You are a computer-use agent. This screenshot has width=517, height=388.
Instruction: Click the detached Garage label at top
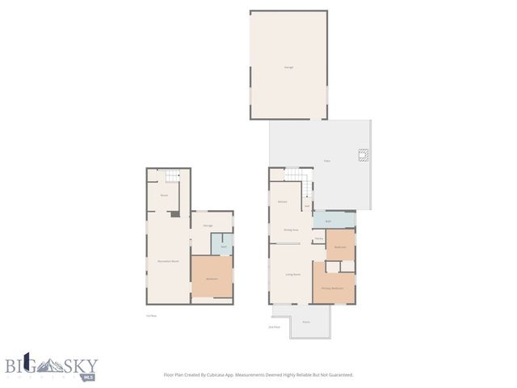[288, 66]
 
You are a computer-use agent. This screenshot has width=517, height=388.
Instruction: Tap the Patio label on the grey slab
[327, 162]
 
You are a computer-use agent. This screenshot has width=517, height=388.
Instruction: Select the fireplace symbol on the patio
[364, 156]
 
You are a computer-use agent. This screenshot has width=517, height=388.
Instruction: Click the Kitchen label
[283, 200]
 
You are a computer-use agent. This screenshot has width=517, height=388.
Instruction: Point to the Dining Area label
[291, 230]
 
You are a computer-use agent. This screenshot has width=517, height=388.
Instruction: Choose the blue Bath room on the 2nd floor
[333, 221]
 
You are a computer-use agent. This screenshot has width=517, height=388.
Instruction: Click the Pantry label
[319, 238]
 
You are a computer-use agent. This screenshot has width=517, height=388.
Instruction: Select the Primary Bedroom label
[333, 288]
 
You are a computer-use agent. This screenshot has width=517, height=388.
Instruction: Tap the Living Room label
[292, 275]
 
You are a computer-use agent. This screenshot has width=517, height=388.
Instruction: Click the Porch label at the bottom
[306, 322]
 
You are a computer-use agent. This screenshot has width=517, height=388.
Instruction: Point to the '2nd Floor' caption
[274, 327]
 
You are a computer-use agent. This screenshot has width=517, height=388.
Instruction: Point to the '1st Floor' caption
[150, 315]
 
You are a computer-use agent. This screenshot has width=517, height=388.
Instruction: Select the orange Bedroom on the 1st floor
[212, 277]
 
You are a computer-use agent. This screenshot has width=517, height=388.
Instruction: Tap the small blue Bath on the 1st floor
[222, 245]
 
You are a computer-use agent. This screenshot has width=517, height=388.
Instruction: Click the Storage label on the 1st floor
[207, 226]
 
